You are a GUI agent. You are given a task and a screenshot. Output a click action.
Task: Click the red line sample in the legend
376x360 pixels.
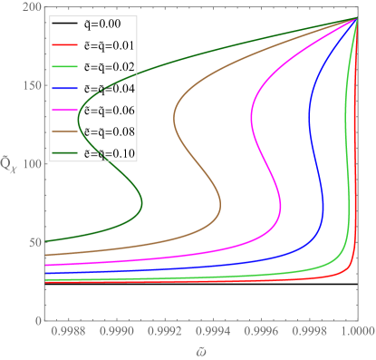coord(66,44)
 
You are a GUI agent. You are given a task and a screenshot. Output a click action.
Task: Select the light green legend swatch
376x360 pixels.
coord(66,66)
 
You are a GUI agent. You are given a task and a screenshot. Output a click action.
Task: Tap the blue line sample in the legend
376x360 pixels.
coord(66,88)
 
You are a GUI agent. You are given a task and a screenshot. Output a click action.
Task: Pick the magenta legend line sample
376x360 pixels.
coord(66,110)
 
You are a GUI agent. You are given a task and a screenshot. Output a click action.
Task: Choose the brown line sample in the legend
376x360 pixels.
coord(66,131)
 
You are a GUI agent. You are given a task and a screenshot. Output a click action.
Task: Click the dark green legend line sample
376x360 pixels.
coord(66,153)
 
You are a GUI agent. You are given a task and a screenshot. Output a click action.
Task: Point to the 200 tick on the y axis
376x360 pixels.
coord(29,7)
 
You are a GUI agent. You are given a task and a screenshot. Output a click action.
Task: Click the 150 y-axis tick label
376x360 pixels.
coord(29,85)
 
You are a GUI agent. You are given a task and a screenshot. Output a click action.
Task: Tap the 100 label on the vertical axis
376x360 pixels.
coord(29,164)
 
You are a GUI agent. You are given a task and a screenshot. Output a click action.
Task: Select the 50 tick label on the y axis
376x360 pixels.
coord(32,242)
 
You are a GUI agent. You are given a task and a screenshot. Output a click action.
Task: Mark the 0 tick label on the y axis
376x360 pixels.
coord(34,321)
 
